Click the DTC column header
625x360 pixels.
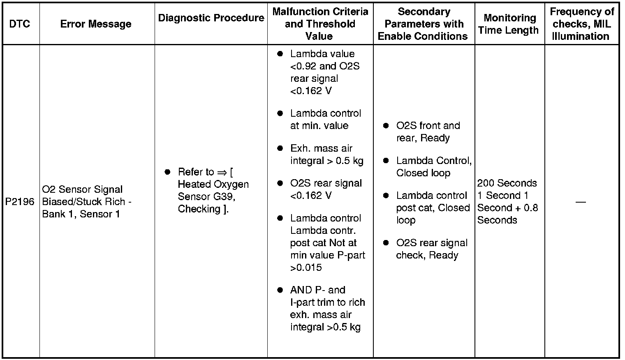[20, 24]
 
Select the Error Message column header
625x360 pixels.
[96, 24]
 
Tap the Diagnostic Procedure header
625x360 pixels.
[211, 18]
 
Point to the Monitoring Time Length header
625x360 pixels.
[509, 24]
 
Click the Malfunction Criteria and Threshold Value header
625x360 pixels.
[320, 24]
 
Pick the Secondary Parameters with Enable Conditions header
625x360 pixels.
[423, 24]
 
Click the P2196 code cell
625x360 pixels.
[20, 202]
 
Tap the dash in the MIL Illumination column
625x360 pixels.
[581, 202]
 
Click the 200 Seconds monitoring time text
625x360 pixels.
[507, 183]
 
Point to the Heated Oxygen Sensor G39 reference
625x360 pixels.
[213, 190]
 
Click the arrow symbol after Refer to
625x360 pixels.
[222, 172]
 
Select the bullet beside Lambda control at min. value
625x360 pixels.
[280, 113]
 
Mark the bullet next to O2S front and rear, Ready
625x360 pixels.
[386, 126]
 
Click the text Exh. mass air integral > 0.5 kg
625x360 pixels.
[326, 155]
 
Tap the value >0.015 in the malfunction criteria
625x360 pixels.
[306, 268]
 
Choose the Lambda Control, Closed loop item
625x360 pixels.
[433, 167]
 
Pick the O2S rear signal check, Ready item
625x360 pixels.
[431, 249]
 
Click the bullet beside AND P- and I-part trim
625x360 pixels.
[280, 290]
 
